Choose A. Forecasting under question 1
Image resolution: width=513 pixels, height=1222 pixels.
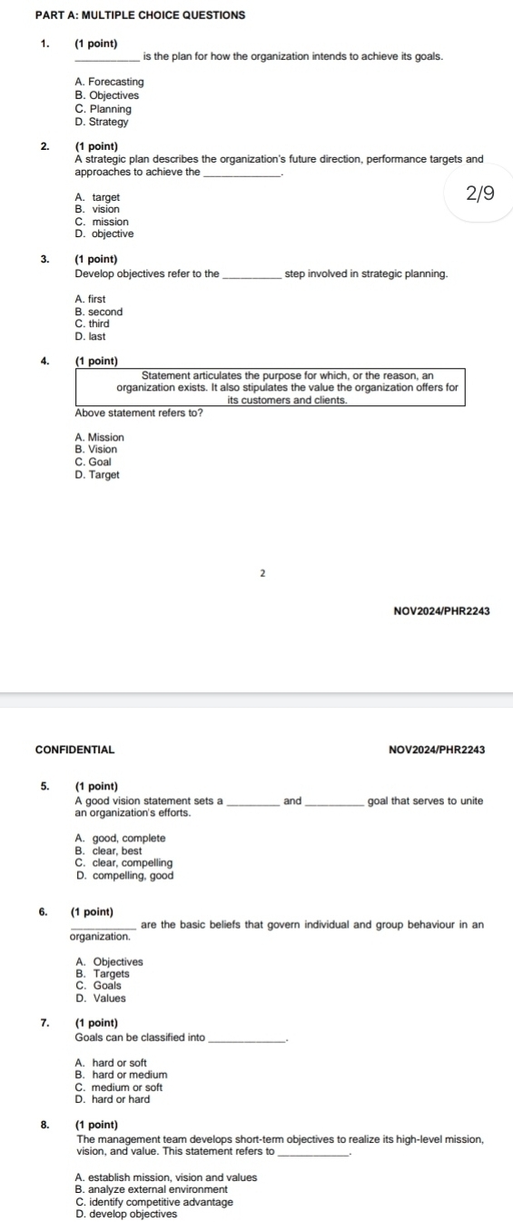pyautogui.click(x=110, y=82)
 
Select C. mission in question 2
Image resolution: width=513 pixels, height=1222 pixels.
pyautogui.click(x=102, y=222)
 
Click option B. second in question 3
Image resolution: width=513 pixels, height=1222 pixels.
pyautogui.click(x=99, y=311)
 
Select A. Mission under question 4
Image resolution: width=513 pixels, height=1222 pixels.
pyautogui.click(x=101, y=437)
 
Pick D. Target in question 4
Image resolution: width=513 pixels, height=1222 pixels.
pyautogui.click(x=98, y=474)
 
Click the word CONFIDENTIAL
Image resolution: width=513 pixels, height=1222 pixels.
pyautogui.click(x=74, y=750)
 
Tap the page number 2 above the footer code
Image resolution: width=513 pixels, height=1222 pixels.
pyautogui.click(x=261, y=574)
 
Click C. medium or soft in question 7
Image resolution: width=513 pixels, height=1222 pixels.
pyautogui.click(x=119, y=1088)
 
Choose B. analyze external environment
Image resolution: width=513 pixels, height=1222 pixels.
pyautogui.click(x=155, y=1189)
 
